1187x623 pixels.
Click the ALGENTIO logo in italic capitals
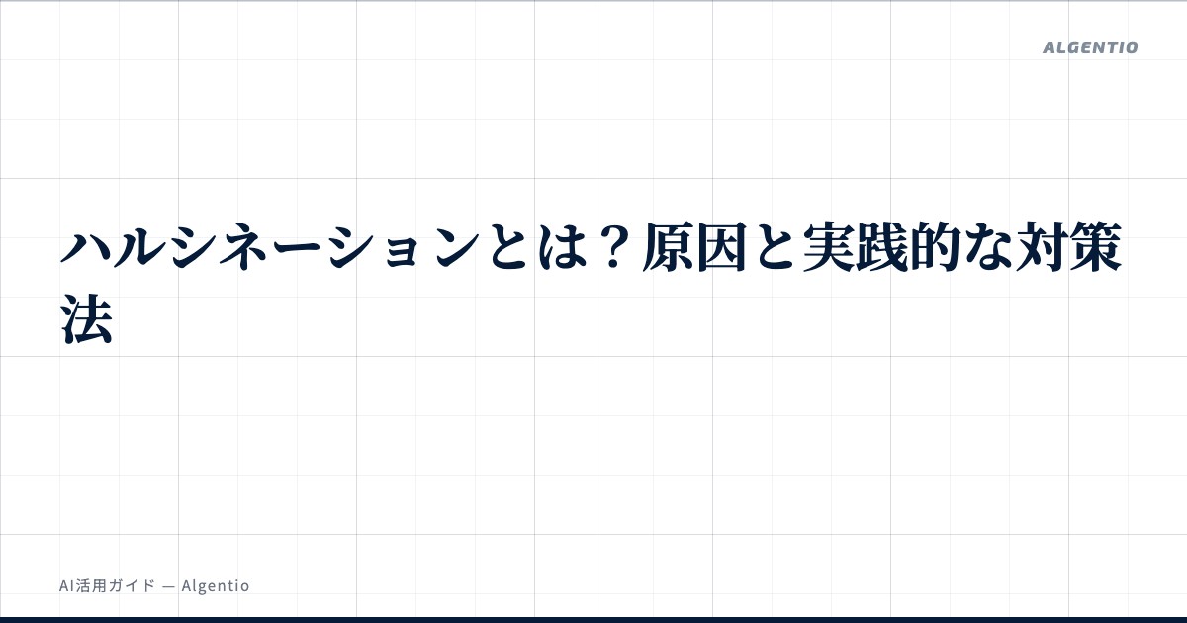[x=1090, y=47]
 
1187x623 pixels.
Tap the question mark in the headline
[x=614, y=247]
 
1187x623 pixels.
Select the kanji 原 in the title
[x=669, y=247]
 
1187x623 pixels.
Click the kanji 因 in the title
[x=722, y=247]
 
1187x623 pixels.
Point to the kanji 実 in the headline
[x=829, y=247]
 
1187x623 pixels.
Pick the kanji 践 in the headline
[x=882, y=247]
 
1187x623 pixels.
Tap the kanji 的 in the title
[x=937, y=247]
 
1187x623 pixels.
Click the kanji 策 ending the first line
[x=1096, y=247]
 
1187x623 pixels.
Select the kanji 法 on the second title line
[x=86, y=319]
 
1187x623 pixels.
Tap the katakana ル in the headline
[x=138, y=247]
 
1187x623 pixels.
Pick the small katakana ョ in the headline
[x=403, y=252]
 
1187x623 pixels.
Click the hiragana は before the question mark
[x=561, y=247]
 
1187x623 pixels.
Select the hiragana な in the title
[x=989, y=247]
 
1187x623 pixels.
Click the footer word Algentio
[x=216, y=586]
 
